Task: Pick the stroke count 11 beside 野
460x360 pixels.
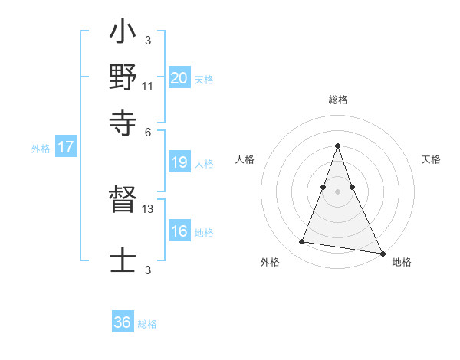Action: coord(147,86)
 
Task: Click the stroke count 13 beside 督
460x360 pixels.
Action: coord(148,208)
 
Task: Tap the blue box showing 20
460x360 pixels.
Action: coord(179,77)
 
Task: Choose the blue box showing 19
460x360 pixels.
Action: coord(179,162)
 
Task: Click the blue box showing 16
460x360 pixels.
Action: coord(179,231)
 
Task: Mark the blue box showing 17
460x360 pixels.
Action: coord(65,147)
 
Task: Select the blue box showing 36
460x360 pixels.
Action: coord(123,322)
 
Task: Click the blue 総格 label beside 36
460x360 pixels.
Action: coord(147,324)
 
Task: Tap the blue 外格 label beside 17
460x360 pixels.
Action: coord(41,149)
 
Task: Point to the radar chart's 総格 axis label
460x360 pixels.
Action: coord(338,100)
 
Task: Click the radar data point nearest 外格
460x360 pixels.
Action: coord(302,242)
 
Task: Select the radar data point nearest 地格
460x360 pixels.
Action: coord(381,252)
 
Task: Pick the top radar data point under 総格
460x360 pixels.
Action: coord(338,146)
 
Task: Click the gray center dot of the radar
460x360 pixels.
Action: coord(338,191)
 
